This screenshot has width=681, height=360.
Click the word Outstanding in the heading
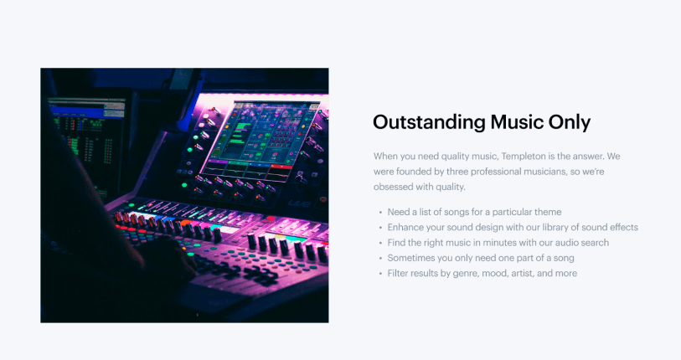[429, 122]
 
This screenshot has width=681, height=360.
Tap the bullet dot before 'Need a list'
[380, 213]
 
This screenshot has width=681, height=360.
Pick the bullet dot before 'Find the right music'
[380, 243]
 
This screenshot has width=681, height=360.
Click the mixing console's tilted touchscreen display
[261, 140]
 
